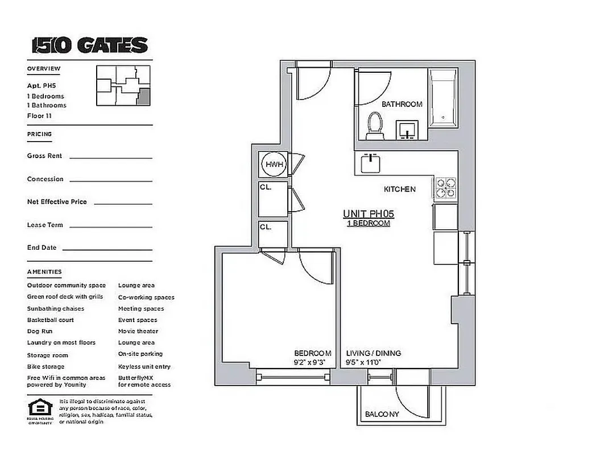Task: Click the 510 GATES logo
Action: (90, 45)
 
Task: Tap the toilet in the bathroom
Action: (375, 126)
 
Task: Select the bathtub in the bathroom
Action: (443, 99)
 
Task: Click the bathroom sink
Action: (408, 130)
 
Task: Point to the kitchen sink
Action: (370, 163)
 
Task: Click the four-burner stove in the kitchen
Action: (445, 187)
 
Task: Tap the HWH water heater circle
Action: (272, 164)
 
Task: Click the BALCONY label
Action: (382, 415)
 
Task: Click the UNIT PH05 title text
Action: (369, 214)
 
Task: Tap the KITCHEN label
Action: (400, 189)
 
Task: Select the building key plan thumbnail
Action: (124, 86)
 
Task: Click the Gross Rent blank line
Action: (111, 158)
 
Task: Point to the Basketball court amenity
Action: (51, 320)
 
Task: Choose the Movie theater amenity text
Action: (138, 332)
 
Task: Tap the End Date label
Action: (42, 248)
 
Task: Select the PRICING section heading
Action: (39, 134)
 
